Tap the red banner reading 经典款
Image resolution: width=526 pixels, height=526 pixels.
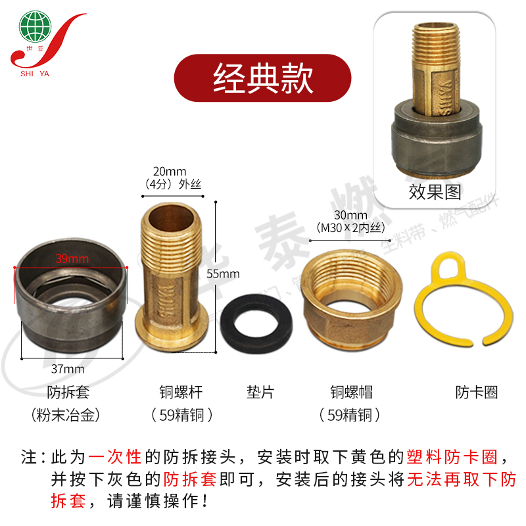(263, 78)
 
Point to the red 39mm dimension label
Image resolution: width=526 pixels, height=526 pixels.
(72, 258)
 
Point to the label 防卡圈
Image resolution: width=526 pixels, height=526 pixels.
(477, 393)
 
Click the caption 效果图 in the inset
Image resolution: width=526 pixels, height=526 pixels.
(435, 191)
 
